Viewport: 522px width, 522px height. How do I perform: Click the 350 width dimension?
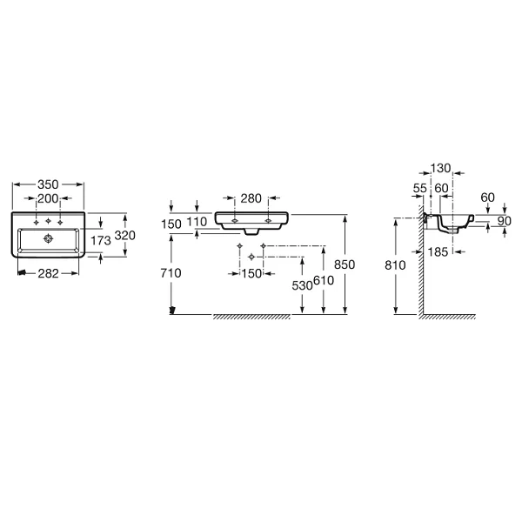48,184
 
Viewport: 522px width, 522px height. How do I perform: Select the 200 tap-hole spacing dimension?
48,198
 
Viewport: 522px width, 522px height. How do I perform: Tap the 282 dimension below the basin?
48,274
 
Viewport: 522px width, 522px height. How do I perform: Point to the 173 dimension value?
101,240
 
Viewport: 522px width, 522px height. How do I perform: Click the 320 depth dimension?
124,236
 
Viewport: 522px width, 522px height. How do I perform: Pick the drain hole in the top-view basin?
49,238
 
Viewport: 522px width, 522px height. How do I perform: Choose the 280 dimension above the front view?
251,198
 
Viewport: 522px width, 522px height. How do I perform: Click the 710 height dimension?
171,273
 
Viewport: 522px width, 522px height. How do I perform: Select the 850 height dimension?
345,264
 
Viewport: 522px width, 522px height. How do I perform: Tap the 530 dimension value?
302,285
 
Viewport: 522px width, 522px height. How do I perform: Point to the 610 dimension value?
324,281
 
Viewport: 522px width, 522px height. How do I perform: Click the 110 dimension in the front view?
197,222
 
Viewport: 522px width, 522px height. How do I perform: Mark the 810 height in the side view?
395,265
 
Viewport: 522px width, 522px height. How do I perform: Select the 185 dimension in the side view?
438,252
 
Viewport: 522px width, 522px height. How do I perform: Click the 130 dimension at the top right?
440,169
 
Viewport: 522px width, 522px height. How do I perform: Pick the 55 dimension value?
420,189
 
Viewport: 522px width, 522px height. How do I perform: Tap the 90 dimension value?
505,221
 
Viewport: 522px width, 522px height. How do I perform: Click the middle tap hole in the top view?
48,221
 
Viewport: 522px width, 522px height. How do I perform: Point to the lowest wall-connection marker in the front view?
251,257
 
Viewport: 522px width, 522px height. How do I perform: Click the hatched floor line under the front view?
251,317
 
